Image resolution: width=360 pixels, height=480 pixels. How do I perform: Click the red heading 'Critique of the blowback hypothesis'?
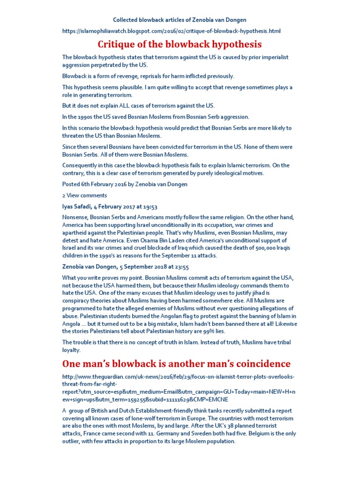pyautogui.click(x=180, y=45)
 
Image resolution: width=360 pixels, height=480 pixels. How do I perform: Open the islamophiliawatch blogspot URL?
pyautogui.click(x=172, y=31)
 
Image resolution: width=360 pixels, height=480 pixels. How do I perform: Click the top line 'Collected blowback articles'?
pyautogui.click(x=180, y=20)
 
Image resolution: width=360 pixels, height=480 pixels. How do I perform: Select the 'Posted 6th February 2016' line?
pyautogui.click(x=125, y=184)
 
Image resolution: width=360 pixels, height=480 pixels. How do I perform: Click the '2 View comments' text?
pyautogui.click(x=84, y=195)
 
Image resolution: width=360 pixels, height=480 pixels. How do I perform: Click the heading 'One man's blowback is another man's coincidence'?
pyautogui.click(x=176, y=364)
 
